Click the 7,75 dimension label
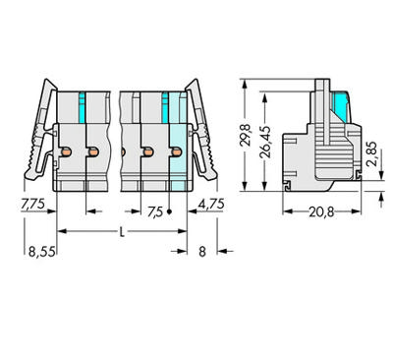point(32,204)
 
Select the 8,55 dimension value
point(41,252)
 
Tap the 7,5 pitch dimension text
point(155,212)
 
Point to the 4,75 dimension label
point(211,204)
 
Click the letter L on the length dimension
point(122,232)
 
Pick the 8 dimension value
point(202,252)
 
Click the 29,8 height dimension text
point(246,135)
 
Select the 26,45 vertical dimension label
point(265,142)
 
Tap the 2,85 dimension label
point(371,153)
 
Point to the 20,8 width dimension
point(321,212)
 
